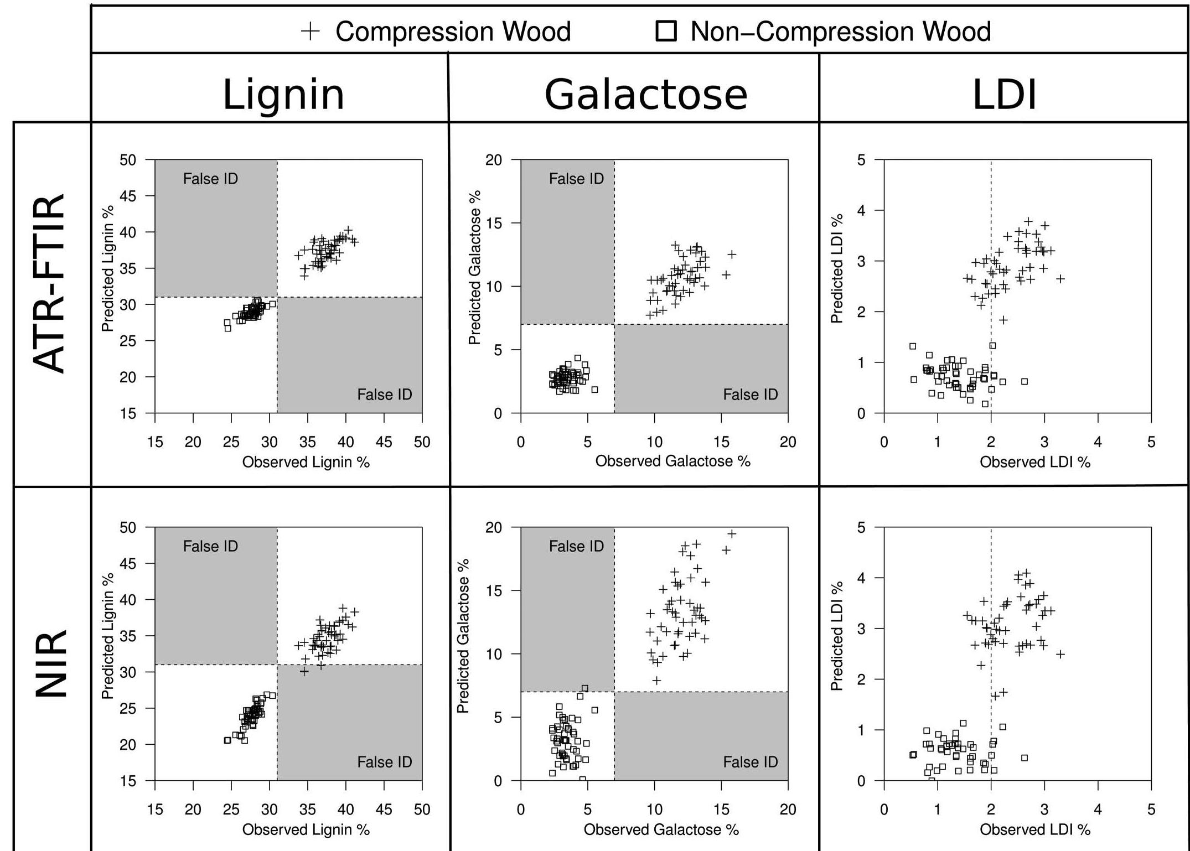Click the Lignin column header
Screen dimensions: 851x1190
coord(283,95)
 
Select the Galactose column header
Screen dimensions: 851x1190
coord(646,95)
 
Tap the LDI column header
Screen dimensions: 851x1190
coord(1004,95)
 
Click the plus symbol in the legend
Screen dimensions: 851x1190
coord(311,32)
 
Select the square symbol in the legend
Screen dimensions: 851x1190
coord(666,31)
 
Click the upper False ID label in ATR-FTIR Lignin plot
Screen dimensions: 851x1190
coord(210,179)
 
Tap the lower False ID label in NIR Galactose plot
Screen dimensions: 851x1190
coord(750,762)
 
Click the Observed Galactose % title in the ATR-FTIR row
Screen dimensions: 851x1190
coord(672,461)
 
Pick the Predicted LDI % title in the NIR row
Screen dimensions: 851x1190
coord(836,636)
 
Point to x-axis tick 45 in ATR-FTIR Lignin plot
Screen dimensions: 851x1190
coord(384,442)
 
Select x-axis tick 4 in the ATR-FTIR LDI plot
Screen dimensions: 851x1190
coord(1098,442)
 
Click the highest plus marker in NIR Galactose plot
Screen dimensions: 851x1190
coord(732,534)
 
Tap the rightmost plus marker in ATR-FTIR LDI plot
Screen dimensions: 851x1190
coord(1060,279)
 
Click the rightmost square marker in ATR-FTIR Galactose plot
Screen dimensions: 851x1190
coord(595,390)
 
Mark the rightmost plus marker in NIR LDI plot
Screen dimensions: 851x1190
coord(1060,654)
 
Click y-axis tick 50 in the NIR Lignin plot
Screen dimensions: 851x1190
coord(127,528)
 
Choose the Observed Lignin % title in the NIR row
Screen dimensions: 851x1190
coord(306,829)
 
